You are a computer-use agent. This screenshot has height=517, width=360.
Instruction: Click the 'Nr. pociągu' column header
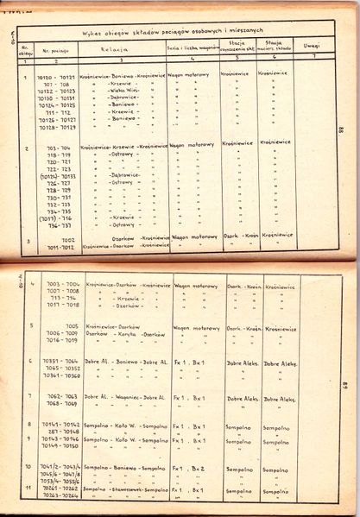(54, 50)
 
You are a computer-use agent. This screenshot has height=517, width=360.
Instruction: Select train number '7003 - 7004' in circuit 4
(58, 284)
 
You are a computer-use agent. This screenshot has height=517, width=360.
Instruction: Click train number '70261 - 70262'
(58, 489)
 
